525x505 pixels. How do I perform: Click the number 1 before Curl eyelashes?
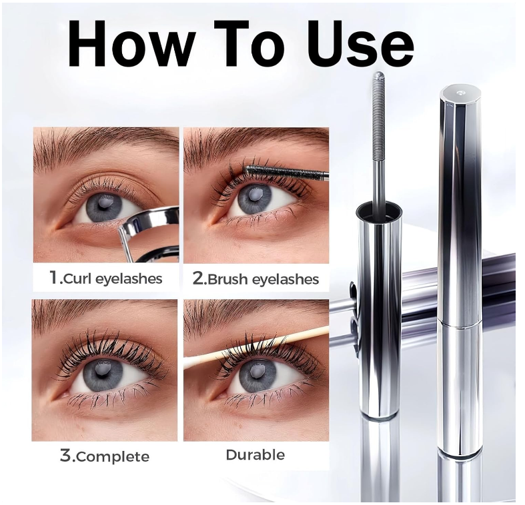[54, 278]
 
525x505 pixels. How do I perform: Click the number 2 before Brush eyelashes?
[198, 278]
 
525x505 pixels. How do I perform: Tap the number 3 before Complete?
[65, 456]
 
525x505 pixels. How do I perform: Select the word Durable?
[255, 455]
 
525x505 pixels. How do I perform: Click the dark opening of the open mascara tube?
[378, 213]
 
